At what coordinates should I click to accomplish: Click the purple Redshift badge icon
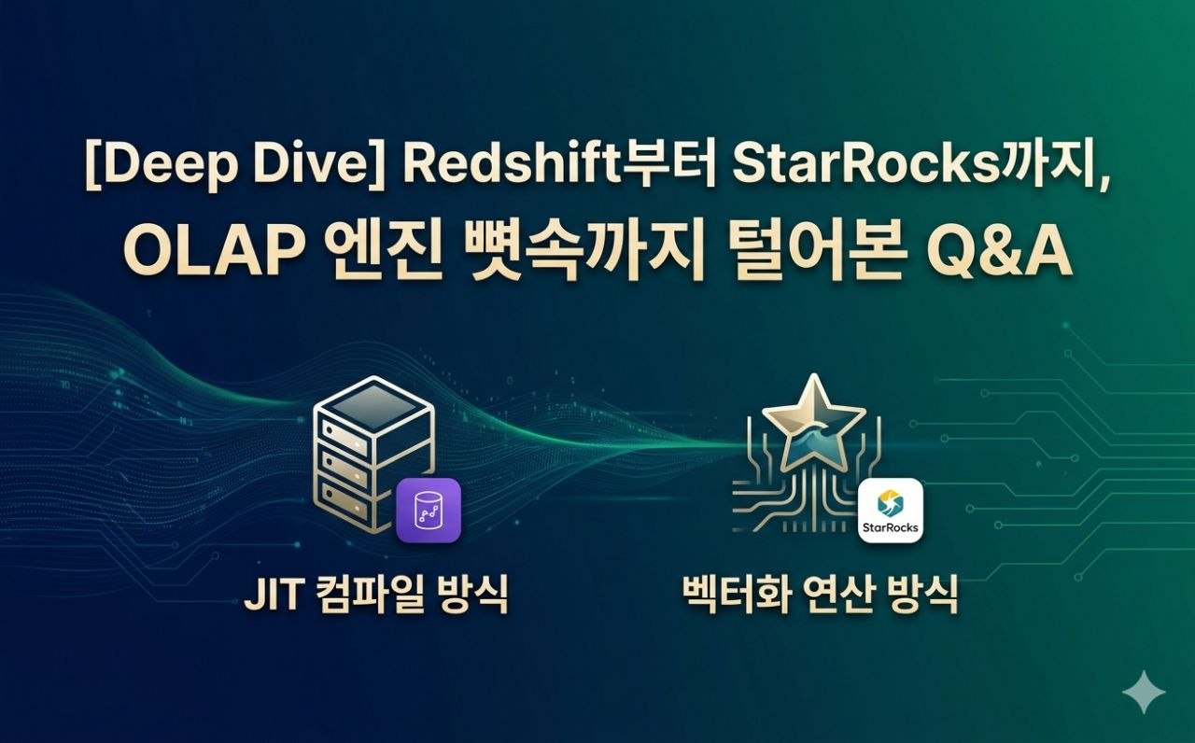click(429, 511)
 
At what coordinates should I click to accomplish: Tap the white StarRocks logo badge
click(890, 511)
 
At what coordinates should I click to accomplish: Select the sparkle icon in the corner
click(1143, 693)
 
